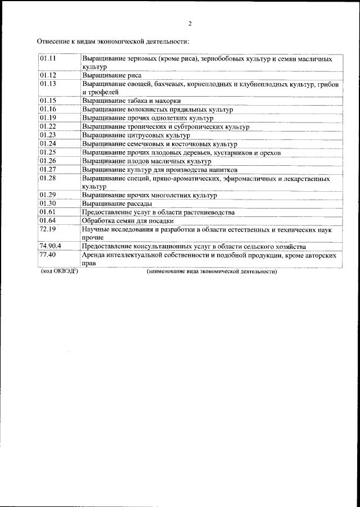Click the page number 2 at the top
[x=190, y=24]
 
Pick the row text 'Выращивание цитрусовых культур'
[x=136, y=135]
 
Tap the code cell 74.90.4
[x=51, y=246]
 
